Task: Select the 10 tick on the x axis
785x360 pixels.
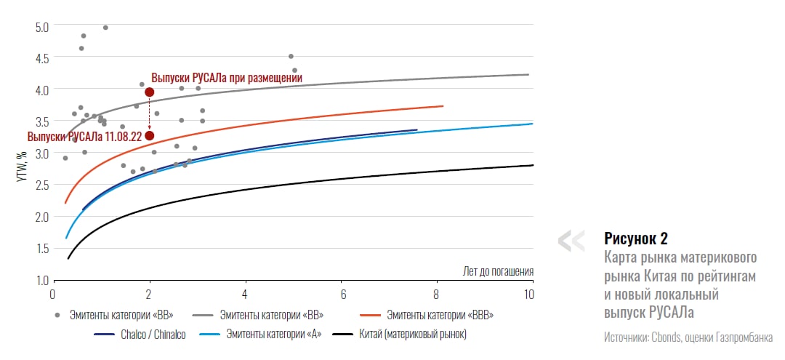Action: pos(528,295)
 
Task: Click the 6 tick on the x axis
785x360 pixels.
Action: pos(342,295)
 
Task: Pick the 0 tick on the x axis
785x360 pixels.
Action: pos(52,295)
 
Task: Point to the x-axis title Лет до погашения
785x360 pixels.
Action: pos(498,271)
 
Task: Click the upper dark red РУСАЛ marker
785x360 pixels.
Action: pos(150,92)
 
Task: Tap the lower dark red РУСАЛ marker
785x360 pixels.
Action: pos(150,135)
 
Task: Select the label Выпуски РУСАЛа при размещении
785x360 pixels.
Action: pos(226,77)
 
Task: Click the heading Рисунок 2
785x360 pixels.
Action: pos(635,238)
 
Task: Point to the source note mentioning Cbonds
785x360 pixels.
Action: pos(688,337)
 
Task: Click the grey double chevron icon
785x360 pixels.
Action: pos(571,241)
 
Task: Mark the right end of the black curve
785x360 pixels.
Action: pos(533,165)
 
